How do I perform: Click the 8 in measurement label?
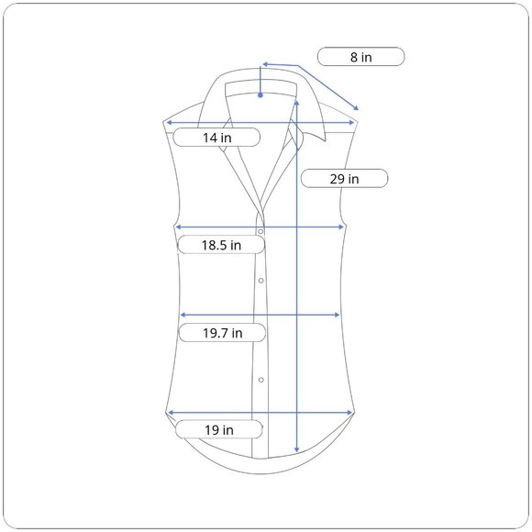(361, 57)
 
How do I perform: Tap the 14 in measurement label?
(216, 138)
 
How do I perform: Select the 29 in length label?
(344, 179)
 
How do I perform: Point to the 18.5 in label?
(221, 245)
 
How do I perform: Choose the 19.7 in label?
(222, 332)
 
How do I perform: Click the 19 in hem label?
(219, 429)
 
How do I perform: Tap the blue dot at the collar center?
(260, 95)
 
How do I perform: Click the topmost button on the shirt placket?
(260, 232)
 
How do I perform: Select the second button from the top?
(260, 281)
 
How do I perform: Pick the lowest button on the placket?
(260, 380)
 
